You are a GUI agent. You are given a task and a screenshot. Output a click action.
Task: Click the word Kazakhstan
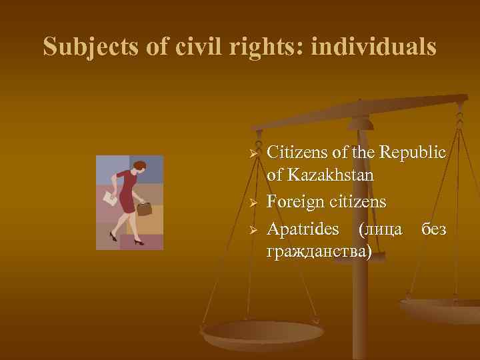pyautogui.click(x=329, y=176)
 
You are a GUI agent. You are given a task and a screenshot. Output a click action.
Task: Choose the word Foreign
pyautogui.click(x=297, y=201)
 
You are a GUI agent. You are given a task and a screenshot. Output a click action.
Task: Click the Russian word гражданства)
pyautogui.click(x=319, y=251)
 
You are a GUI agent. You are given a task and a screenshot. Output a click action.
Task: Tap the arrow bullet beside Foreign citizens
pyautogui.click(x=253, y=201)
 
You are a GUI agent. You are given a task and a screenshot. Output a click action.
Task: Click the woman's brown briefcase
pyautogui.click(x=144, y=207)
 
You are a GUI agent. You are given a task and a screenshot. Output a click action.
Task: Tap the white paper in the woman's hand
pyautogui.click(x=108, y=199)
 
